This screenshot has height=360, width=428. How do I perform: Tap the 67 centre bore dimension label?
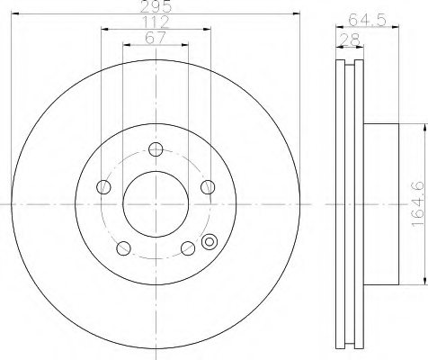coord(155,37)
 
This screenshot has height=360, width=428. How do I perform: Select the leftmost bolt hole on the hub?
coord(103,187)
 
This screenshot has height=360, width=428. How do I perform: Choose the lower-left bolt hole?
coord(123,248)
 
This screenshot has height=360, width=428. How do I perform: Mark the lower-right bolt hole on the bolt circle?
coord(187,248)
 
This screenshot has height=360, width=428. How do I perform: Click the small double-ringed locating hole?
coord(211,241)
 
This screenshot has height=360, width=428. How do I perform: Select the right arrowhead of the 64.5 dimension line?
coord(395,30)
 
